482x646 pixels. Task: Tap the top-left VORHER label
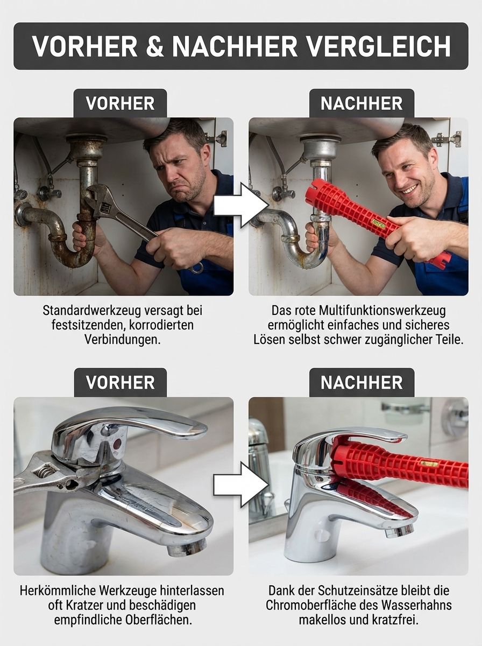click(120, 103)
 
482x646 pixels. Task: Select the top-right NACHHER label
click(361, 103)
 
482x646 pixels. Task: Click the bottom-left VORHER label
click(120, 383)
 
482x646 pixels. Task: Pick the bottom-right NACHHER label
click(361, 383)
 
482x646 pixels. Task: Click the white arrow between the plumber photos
click(240, 205)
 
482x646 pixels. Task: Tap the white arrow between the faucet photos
click(240, 484)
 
